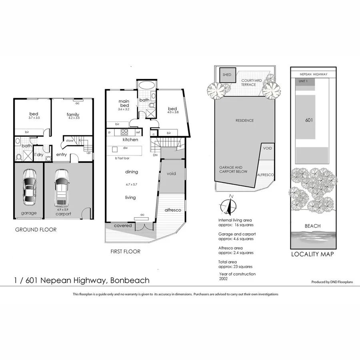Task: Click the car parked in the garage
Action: click(x=29, y=186)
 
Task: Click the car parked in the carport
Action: click(x=62, y=187)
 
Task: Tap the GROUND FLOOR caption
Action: click(x=36, y=230)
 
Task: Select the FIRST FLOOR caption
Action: click(x=125, y=252)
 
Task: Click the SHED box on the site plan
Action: click(x=228, y=74)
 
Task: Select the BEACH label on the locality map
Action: click(x=312, y=226)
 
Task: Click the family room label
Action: click(x=73, y=115)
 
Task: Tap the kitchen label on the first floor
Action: click(x=130, y=140)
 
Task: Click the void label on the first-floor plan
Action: click(x=171, y=174)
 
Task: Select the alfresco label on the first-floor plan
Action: click(x=173, y=210)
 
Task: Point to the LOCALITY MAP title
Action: click(x=312, y=254)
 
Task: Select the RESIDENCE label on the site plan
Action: click(x=244, y=120)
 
